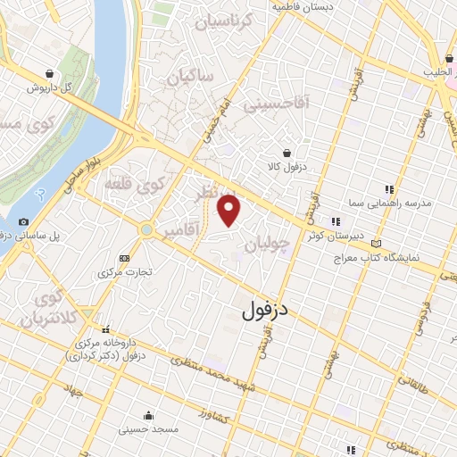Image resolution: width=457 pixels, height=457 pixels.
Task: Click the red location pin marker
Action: point(230,211)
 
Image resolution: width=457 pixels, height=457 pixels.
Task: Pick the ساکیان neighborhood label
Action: point(189,78)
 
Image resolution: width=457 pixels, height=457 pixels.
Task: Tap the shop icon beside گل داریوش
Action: point(59,73)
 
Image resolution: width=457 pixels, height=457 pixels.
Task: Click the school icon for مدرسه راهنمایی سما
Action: point(388,189)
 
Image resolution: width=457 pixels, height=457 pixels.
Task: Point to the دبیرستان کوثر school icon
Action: point(336,221)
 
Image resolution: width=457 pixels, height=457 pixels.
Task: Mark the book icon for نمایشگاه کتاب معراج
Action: point(376,243)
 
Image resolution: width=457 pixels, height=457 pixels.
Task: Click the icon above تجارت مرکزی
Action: point(124,258)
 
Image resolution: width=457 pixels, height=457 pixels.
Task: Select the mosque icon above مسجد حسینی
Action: point(146,415)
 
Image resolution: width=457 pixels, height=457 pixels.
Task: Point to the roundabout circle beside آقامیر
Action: point(145,230)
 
